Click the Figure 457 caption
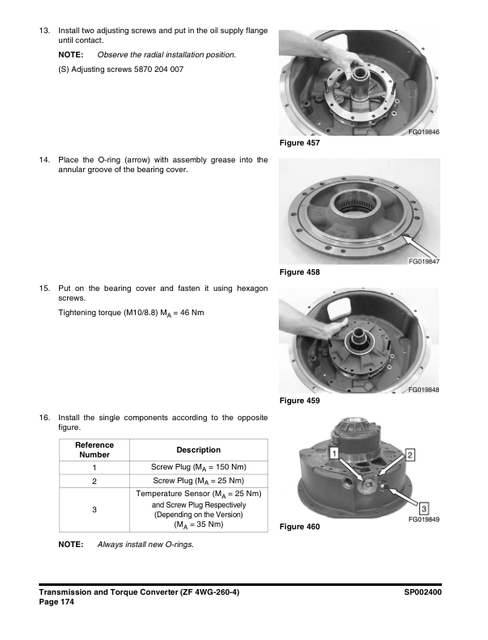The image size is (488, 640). (x=299, y=143)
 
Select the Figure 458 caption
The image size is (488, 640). (x=299, y=272)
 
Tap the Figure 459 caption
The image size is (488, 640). (x=299, y=401)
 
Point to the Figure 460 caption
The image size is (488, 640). (x=299, y=527)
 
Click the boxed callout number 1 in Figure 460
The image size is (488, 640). (x=333, y=457)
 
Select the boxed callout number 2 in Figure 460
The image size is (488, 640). (x=410, y=456)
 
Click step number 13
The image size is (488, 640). (x=45, y=30)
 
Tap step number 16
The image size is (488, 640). (x=45, y=417)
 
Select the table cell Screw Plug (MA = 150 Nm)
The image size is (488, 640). (x=198, y=467)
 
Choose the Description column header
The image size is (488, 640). (x=198, y=450)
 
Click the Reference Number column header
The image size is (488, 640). (x=95, y=450)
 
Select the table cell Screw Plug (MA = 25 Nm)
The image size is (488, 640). (x=198, y=481)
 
